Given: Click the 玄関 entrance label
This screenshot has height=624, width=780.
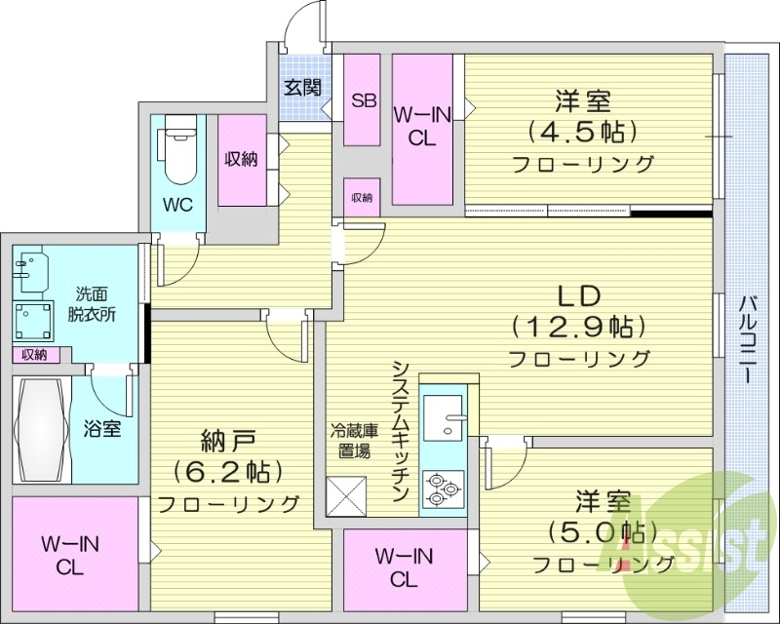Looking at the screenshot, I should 303,88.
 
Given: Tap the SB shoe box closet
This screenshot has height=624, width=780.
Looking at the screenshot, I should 363,100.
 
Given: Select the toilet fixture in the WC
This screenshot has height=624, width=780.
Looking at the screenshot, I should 181,151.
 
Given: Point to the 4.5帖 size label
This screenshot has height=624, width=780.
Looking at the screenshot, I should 582,130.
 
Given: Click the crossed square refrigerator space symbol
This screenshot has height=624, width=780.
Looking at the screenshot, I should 348,494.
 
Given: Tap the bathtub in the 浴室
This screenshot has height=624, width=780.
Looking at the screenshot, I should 40,430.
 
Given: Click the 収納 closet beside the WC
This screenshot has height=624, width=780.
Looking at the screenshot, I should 242,160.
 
